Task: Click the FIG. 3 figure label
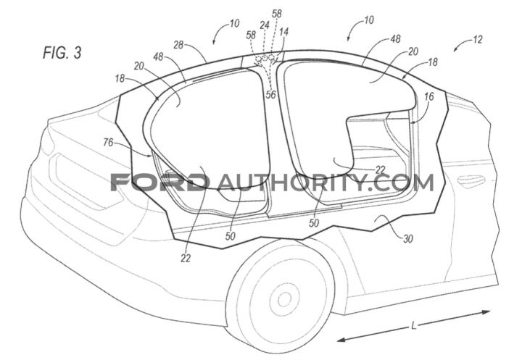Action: coord(62,53)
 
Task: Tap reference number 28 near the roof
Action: coord(179,45)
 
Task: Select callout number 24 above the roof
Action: coord(265,25)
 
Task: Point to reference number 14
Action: coord(284,32)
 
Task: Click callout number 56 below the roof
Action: coord(270,94)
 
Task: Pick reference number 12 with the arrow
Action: coord(478,40)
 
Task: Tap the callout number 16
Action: coord(429,96)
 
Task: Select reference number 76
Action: coord(108,143)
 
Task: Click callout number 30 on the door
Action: coord(408,238)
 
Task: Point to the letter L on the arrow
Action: coord(414,325)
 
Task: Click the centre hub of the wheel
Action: coord(284,299)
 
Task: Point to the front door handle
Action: coord(471,180)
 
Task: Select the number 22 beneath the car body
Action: coord(186,258)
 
